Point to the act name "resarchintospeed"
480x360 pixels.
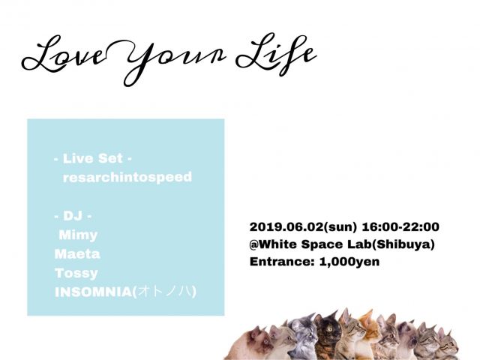point(128,177)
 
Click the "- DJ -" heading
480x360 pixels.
point(73,216)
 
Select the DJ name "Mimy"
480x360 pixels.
point(78,235)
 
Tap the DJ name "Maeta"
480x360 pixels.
point(77,253)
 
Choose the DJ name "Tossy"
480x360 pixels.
point(76,272)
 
